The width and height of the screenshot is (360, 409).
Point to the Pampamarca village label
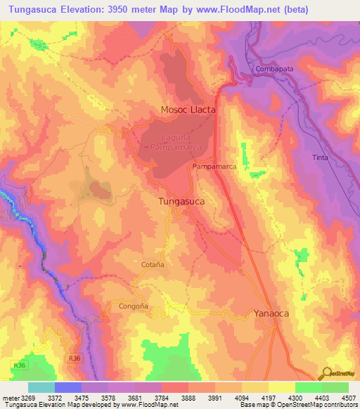(x=214, y=167)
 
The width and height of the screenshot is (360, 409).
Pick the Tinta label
(x=320, y=157)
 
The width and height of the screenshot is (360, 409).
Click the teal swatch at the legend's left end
(x=41, y=387)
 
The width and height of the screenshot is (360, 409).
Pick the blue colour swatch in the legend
(x=67, y=387)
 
